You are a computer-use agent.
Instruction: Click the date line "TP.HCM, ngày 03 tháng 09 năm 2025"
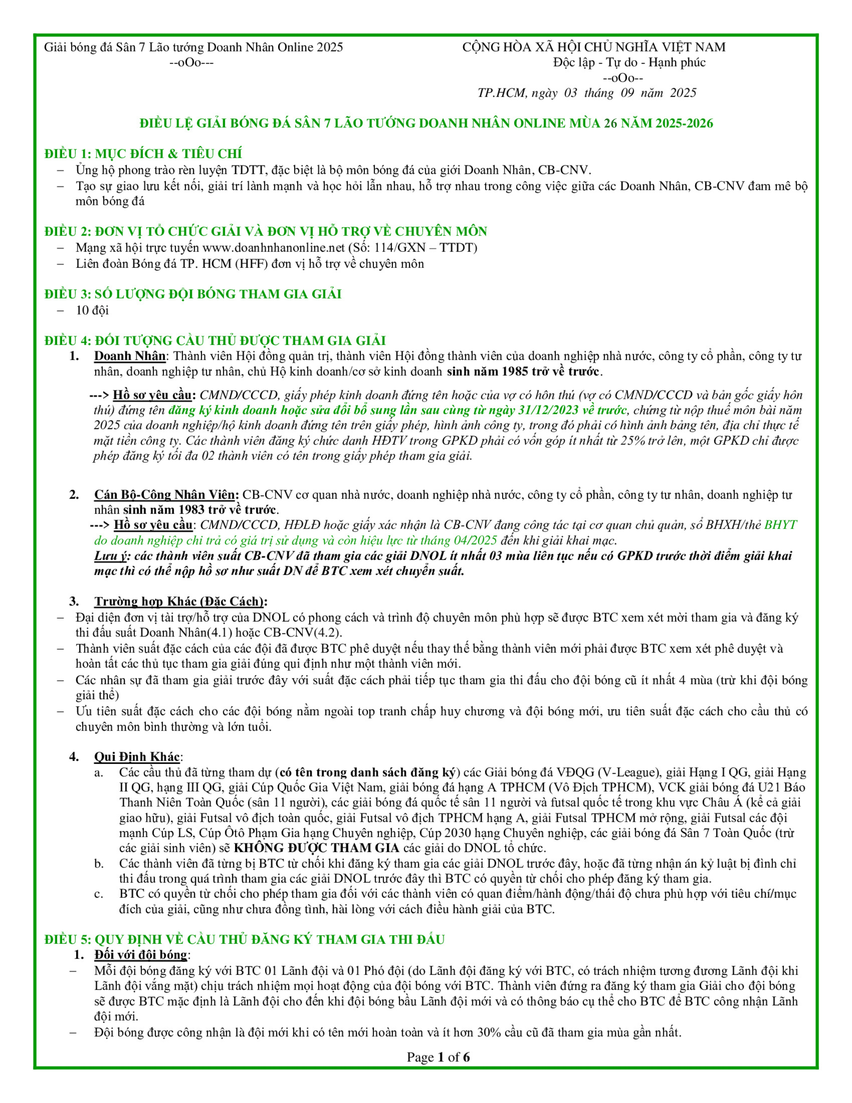pos(587,93)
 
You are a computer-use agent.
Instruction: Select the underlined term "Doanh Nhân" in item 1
pos(130,356)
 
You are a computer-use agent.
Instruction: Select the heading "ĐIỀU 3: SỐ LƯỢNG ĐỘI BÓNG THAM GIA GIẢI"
pos(193,294)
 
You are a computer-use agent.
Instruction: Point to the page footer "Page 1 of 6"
pos(438,1057)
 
